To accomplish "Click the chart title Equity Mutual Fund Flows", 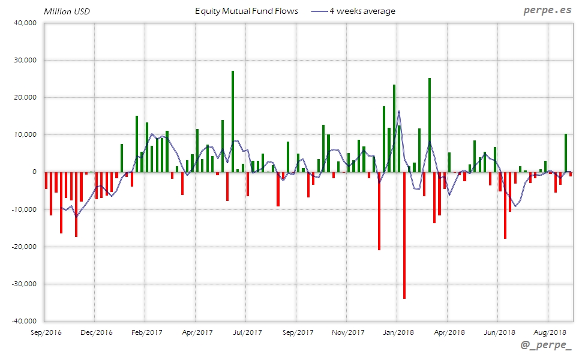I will (246, 11).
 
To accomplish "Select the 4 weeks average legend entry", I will (362, 11).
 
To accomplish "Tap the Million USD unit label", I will (67, 11).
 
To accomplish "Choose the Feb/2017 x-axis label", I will (146, 332).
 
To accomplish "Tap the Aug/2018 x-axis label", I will (550, 332).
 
